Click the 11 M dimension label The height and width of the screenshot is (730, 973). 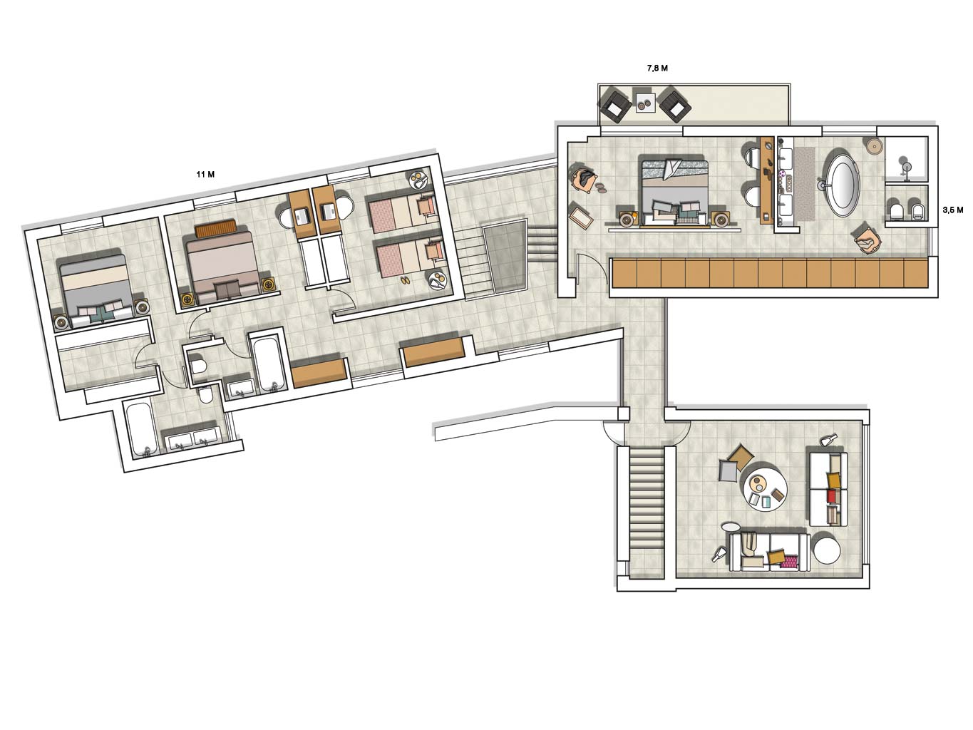(205, 175)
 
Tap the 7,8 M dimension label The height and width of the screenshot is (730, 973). (657, 68)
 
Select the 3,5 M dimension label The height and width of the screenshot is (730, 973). (952, 210)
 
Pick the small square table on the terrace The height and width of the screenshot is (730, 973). (645, 103)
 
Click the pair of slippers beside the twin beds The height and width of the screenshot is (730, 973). (405, 279)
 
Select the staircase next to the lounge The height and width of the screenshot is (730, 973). (647, 512)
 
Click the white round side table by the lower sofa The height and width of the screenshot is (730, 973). (827, 551)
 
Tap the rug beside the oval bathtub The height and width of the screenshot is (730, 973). (804, 183)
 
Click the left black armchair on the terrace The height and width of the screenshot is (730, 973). (616, 105)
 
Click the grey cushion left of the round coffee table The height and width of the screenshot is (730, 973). (729, 471)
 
